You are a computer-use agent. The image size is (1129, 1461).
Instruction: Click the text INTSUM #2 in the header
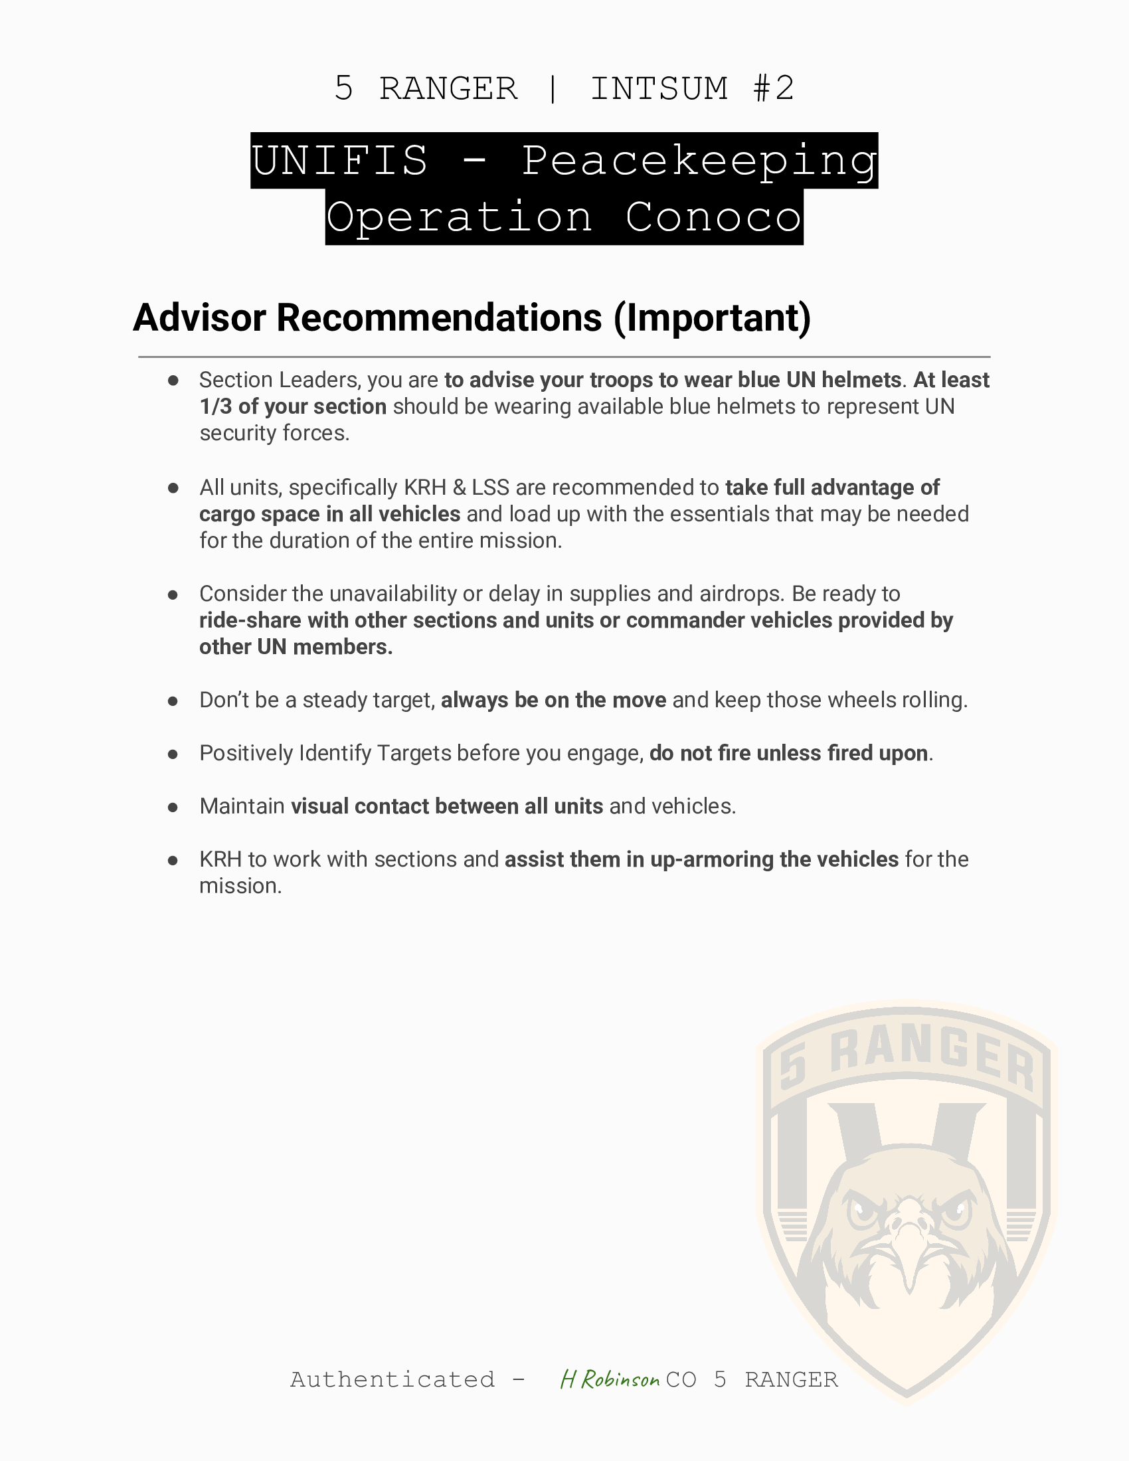(x=691, y=89)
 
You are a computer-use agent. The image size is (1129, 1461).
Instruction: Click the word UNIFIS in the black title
(x=340, y=161)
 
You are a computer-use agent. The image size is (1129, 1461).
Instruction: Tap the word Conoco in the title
(x=713, y=217)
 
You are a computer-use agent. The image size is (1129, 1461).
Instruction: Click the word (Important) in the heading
(x=712, y=317)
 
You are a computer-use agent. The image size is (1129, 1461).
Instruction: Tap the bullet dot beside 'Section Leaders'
(x=173, y=381)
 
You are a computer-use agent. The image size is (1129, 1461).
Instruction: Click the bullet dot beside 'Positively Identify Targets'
(x=173, y=754)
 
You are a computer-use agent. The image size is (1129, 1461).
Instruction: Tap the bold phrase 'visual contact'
(x=359, y=807)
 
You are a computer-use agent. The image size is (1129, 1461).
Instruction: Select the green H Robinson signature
(x=610, y=1379)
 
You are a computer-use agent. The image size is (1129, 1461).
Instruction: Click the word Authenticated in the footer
(x=392, y=1379)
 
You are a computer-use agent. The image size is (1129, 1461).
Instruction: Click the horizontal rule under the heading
(x=564, y=357)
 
